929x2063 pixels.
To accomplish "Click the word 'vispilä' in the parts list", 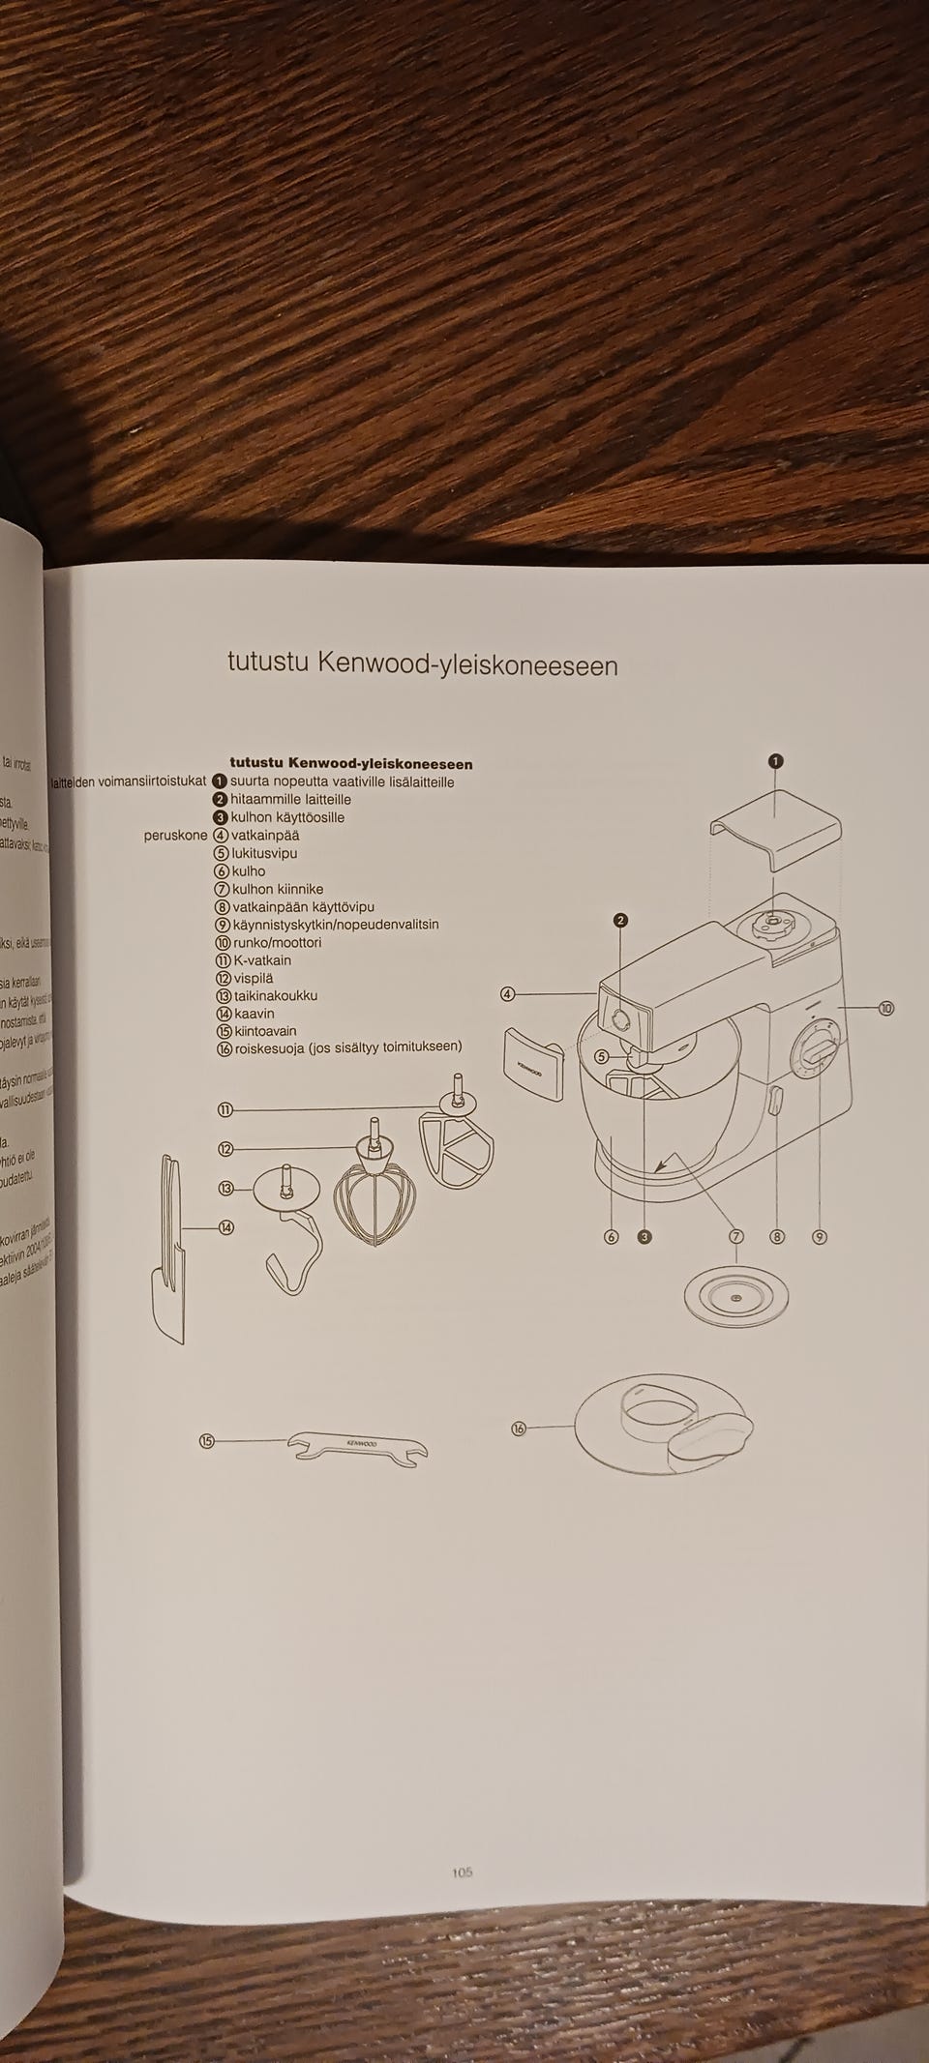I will [x=254, y=978].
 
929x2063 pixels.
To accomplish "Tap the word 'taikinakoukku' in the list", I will [x=275, y=995].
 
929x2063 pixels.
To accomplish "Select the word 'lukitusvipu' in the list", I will [x=264, y=853].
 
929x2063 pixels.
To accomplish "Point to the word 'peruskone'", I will [x=175, y=835].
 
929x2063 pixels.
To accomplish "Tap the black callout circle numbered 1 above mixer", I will [x=775, y=761].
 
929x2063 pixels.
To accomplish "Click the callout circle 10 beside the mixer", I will [x=885, y=1009].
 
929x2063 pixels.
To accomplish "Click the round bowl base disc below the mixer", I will [x=735, y=1295].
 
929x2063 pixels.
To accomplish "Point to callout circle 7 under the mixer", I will [x=735, y=1236].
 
